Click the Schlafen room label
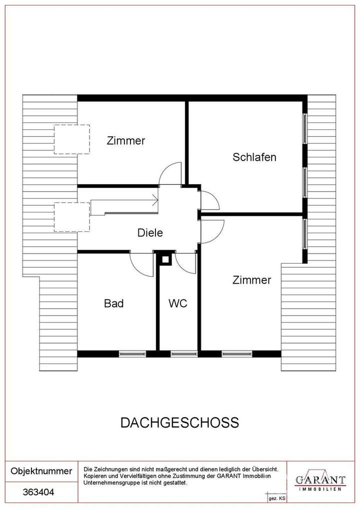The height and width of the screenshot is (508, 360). pyautogui.click(x=254, y=157)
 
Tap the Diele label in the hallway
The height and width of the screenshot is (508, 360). pyautogui.click(x=150, y=233)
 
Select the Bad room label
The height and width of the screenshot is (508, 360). pyautogui.click(x=113, y=303)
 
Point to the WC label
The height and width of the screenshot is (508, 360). pyautogui.click(x=177, y=303)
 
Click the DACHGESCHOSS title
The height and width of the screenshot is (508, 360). pyautogui.click(x=179, y=423)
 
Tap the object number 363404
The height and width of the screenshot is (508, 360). pyautogui.click(x=38, y=492)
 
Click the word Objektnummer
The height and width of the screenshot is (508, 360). pyautogui.click(x=41, y=472)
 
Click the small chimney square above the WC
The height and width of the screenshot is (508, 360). pyautogui.click(x=164, y=259)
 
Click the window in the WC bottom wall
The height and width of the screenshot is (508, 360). pyautogui.click(x=178, y=354)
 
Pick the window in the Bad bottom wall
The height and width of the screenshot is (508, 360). pyautogui.click(x=132, y=354)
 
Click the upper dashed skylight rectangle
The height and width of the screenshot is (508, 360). pyautogui.click(x=71, y=139)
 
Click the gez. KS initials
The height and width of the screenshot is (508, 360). pyautogui.click(x=276, y=499)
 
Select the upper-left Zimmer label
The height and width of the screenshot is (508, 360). pyautogui.click(x=126, y=141)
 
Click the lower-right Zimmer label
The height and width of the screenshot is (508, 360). pyautogui.click(x=251, y=280)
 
